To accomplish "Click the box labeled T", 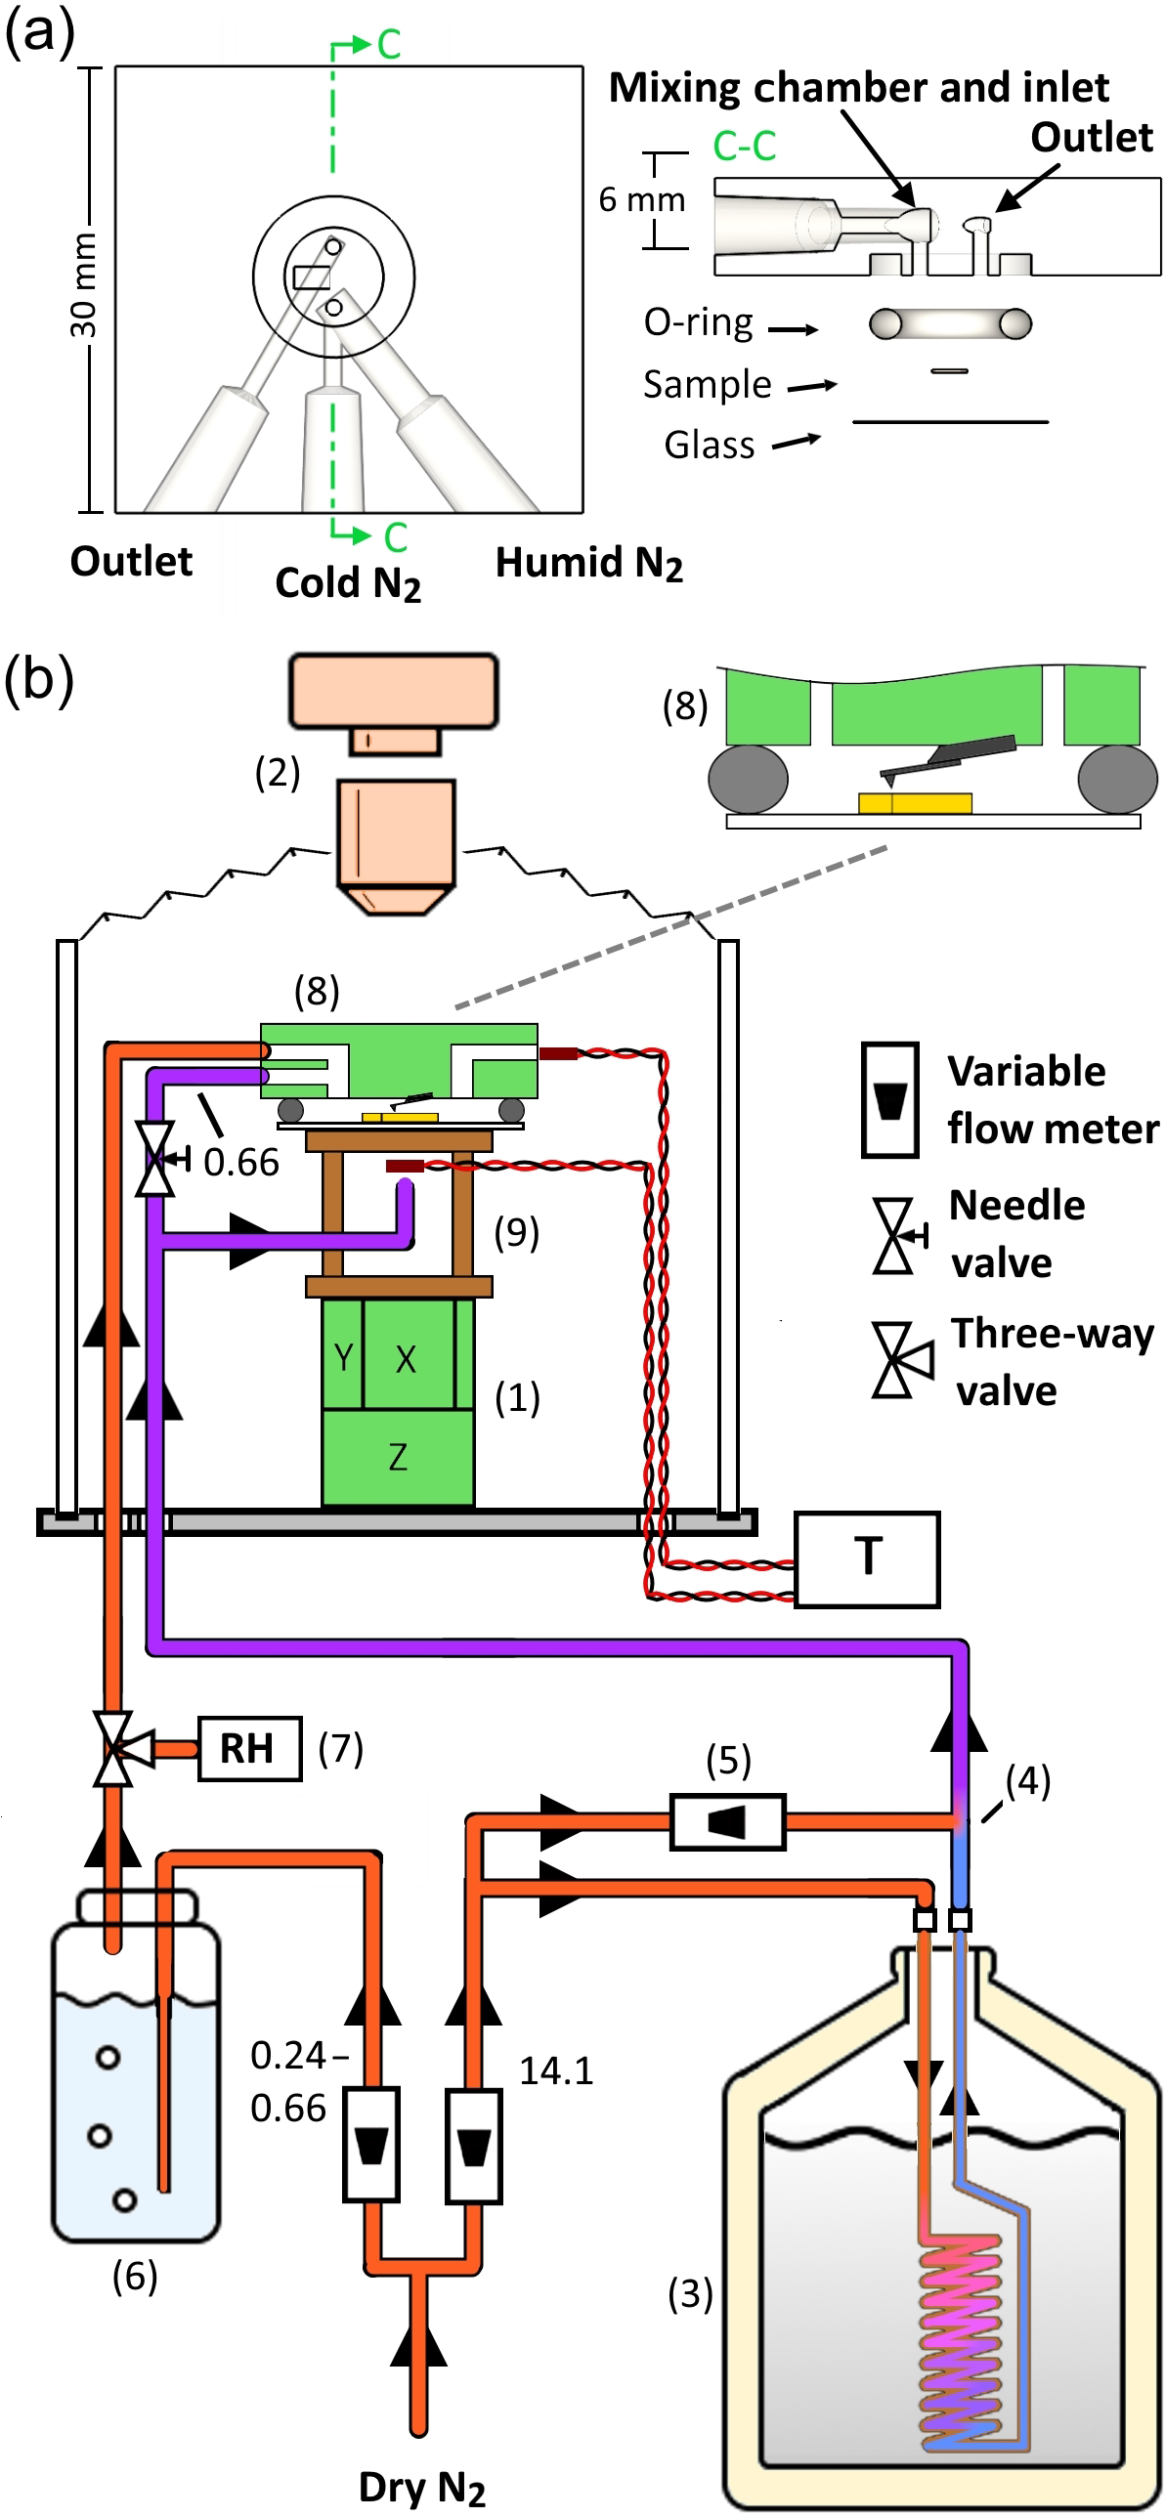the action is click(x=867, y=1559).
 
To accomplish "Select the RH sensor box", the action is click(x=249, y=1748).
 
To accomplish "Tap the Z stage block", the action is click(x=398, y=1457).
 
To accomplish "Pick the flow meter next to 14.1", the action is click(x=474, y=2147).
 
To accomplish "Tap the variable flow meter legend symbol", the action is click(x=889, y=1100).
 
